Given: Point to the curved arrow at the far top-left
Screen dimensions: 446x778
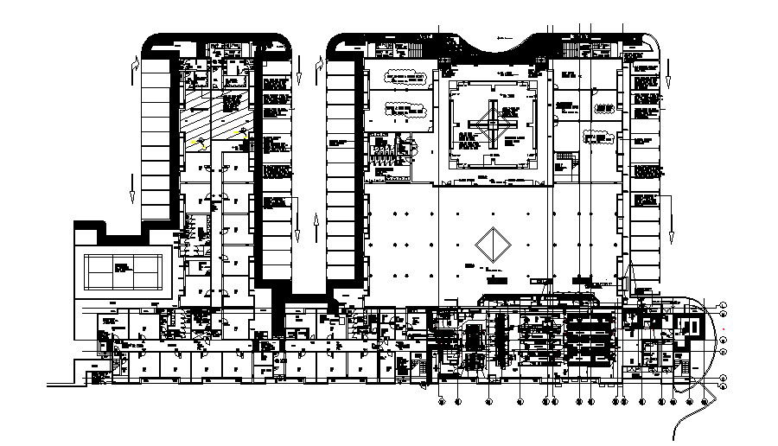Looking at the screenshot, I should click(134, 67).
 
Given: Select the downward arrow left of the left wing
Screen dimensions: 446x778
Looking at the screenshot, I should click(131, 185).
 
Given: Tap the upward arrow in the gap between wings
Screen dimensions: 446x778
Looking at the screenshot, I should click(316, 230).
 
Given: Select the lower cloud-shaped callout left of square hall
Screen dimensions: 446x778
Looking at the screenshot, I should click(407, 110).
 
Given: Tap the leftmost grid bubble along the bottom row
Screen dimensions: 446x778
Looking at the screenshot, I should click(442, 401).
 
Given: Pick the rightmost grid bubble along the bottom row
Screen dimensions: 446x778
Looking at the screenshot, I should click(705, 401).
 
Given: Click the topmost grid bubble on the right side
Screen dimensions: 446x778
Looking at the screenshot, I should click(724, 304).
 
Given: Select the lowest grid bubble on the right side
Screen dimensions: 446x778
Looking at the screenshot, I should click(724, 379).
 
